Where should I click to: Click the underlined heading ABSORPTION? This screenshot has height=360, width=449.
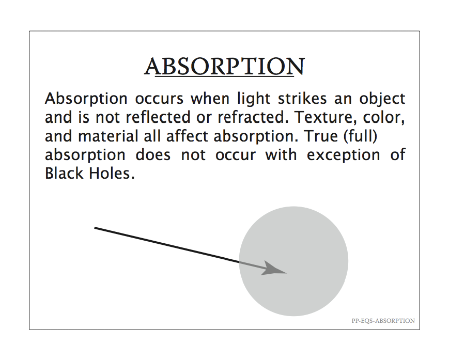point(224,67)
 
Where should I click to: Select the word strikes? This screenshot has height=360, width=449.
point(302,99)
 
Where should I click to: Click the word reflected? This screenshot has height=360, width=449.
point(158,117)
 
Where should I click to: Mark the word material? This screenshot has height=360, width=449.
point(108,136)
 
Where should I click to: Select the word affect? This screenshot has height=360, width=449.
point(187,136)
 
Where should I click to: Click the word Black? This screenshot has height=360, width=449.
point(63,174)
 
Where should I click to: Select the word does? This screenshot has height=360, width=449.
point(153,155)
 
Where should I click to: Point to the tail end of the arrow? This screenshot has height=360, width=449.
point(95,228)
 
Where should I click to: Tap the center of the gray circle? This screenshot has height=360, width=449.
point(293,261)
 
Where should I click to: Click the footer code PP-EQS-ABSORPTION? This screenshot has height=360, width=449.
point(383,321)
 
